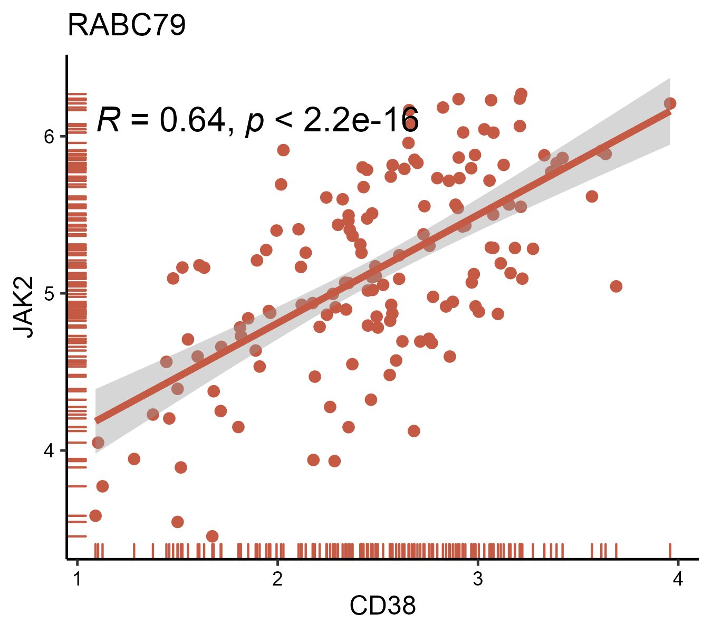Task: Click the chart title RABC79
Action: pos(127,26)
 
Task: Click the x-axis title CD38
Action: pos(382,606)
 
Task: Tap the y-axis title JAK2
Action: pos(24,306)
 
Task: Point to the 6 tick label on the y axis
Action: pos(50,137)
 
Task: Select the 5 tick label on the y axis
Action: pos(50,293)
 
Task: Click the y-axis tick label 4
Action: pos(50,450)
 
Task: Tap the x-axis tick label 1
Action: pos(78,579)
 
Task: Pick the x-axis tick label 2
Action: pos(277,579)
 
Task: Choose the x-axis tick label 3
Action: pos(477,579)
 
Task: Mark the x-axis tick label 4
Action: pos(678,579)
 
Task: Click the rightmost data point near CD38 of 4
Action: pos(670,103)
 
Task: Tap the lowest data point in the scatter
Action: pos(213,536)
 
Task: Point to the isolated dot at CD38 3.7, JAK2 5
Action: pos(616,286)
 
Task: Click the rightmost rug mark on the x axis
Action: pos(670,550)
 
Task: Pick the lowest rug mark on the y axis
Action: pos(78,536)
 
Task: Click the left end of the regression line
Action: pos(97,420)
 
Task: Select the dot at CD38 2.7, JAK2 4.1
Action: pos(414,431)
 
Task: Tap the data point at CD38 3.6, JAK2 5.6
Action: pos(592,196)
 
